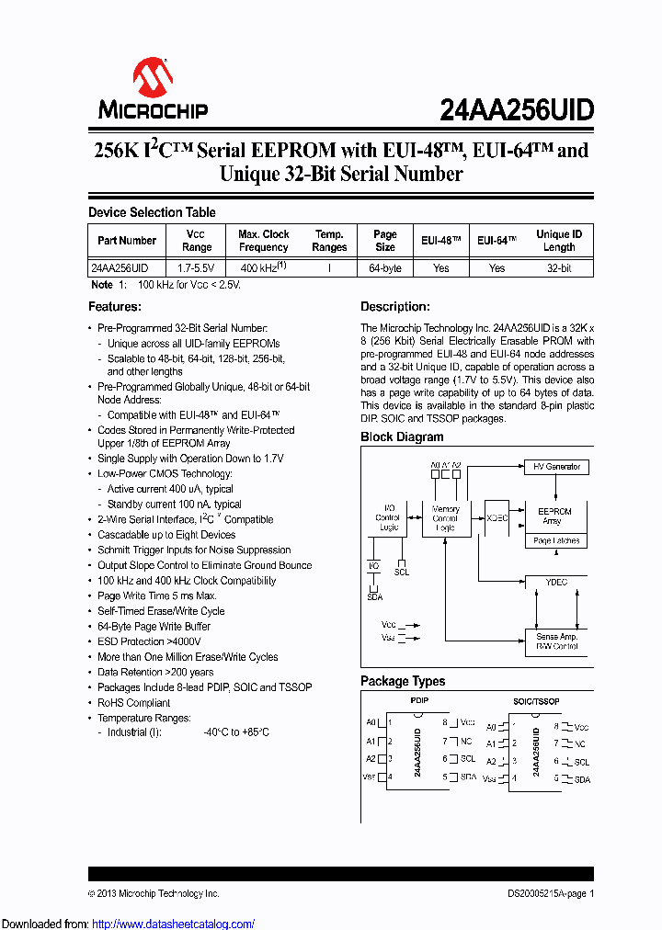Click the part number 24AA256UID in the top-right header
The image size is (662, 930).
(x=517, y=111)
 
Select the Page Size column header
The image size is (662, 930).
(x=385, y=241)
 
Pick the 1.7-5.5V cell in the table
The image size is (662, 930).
(x=196, y=267)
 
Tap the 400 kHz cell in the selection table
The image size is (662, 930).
(x=263, y=267)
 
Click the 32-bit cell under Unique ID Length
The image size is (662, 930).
(x=558, y=267)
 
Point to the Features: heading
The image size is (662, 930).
(x=115, y=307)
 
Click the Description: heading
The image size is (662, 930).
(x=394, y=307)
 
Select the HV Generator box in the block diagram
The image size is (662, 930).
(x=557, y=467)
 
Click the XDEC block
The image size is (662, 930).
(x=496, y=517)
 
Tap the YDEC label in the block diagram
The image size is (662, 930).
(x=557, y=582)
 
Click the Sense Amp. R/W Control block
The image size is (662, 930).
(x=557, y=641)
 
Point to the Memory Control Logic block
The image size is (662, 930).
(x=445, y=518)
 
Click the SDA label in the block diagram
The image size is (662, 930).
(x=374, y=597)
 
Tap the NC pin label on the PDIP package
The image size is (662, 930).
(x=467, y=741)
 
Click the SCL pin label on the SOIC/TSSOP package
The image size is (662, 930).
(x=581, y=762)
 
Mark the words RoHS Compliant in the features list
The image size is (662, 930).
(x=134, y=703)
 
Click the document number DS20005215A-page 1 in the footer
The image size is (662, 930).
(x=551, y=893)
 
